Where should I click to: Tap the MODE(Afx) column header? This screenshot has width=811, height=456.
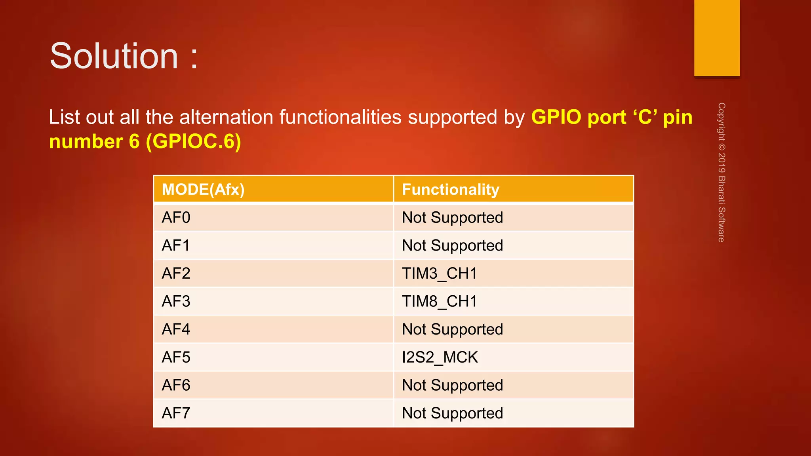[203, 190]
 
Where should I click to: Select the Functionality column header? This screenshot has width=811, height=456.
[450, 190]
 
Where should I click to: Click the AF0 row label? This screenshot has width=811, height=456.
[176, 218]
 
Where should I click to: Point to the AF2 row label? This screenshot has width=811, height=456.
[176, 274]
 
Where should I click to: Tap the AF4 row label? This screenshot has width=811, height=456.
[176, 329]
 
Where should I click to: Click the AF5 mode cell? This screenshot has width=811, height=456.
[176, 357]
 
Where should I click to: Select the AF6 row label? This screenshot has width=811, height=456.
[176, 385]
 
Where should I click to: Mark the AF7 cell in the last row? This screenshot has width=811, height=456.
[176, 413]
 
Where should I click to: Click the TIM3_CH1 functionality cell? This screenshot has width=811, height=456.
[439, 274]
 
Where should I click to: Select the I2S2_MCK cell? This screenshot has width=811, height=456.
[440, 357]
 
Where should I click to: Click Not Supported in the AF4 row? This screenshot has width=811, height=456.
[452, 329]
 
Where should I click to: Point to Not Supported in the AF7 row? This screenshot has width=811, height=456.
[452, 413]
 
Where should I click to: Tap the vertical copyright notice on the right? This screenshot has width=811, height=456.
[722, 172]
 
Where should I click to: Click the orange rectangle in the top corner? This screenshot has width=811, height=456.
[717, 38]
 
